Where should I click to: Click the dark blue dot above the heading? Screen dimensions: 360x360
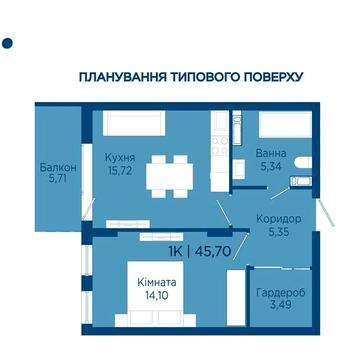point(8,43)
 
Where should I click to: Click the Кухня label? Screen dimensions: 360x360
point(120,157)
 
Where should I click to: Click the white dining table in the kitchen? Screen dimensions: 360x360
point(168,176)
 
